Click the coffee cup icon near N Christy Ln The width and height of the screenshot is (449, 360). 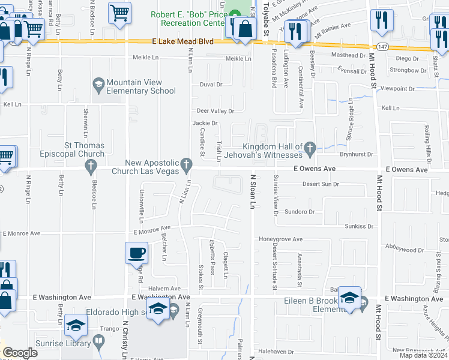(x=137, y=253)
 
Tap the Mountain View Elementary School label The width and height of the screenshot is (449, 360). (x=140, y=86)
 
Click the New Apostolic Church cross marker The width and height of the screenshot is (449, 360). (x=187, y=163)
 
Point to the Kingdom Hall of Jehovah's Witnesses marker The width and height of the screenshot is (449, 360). (x=310, y=147)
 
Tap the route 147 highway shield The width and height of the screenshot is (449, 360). (x=382, y=46)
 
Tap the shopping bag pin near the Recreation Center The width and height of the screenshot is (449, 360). (x=246, y=28)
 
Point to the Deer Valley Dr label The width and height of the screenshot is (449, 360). (x=215, y=111)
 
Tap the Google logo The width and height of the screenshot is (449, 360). (x=20, y=353)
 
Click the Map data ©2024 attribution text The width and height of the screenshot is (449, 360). (x=423, y=356)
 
